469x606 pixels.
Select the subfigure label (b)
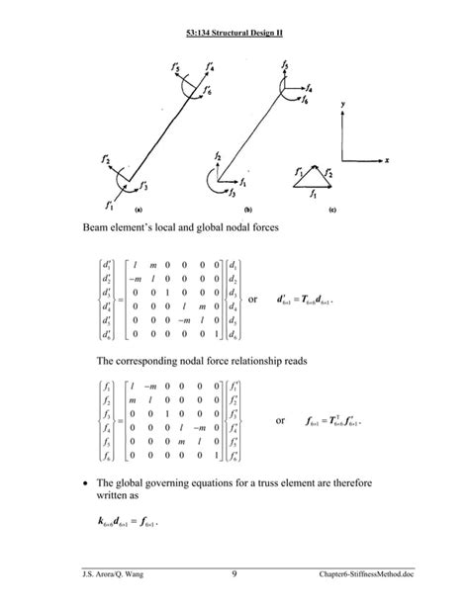pos(247,210)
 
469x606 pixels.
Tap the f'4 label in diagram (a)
pos(209,68)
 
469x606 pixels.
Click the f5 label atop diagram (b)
pos(284,65)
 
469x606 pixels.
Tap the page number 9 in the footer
pos(234,575)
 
